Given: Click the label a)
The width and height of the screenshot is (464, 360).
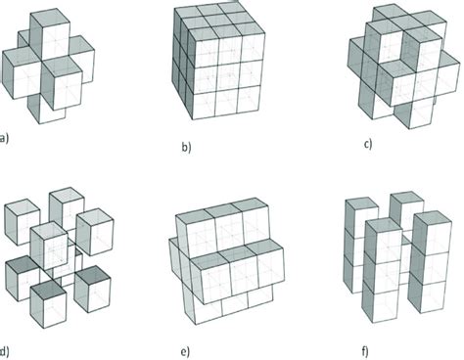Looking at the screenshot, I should (x=5, y=139).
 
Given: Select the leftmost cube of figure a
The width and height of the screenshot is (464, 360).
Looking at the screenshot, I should (x=20, y=70).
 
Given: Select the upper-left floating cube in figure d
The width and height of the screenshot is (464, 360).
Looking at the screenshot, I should (x=19, y=216).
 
